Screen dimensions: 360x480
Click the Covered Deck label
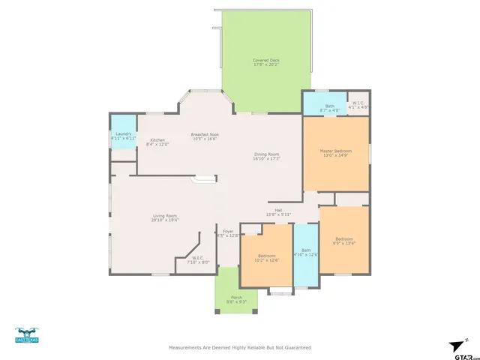(x=266, y=62)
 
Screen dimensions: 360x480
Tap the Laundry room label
(x=123, y=136)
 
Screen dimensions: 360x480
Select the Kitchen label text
(x=157, y=141)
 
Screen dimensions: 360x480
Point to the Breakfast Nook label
(x=204, y=136)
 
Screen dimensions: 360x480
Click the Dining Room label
(x=266, y=156)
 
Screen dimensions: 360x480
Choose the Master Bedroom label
(x=336, y=153)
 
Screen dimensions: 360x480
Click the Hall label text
(x=278, y=212)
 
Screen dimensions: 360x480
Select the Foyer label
(x=227, y=233)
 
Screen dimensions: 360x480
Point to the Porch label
(x=236, y=299)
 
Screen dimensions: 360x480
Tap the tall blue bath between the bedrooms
(x=305, y=253)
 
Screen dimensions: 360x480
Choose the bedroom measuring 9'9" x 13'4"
(x=343, y=241)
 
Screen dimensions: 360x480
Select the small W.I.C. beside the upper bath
(x=358, y=105)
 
